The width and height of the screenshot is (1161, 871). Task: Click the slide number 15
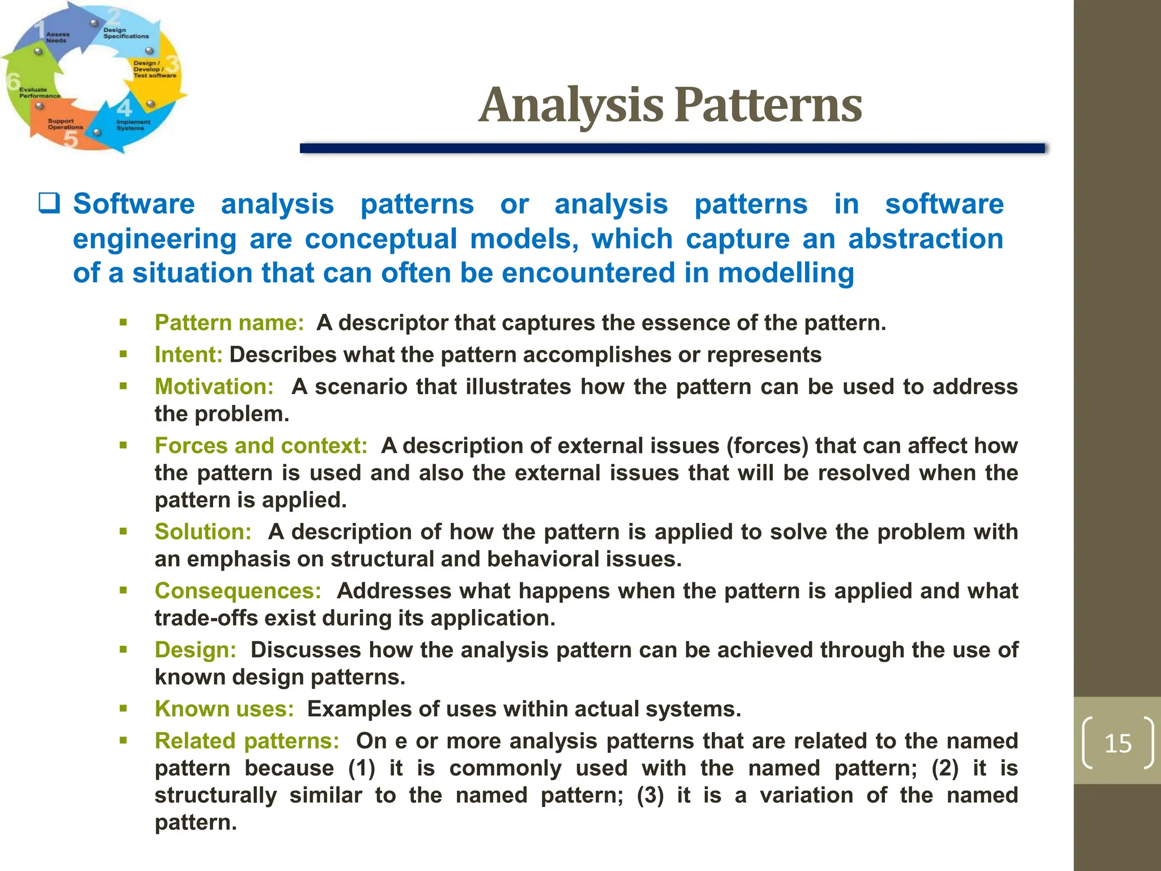point(1117,743)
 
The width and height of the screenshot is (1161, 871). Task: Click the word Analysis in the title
point(571,105)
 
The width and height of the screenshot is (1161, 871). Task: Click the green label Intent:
point(189,354)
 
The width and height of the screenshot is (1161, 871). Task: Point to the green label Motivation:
point(214,387)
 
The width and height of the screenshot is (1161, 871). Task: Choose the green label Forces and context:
point(261,446)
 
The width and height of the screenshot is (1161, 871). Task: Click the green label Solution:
point(203,532)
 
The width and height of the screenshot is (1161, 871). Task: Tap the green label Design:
point(196,650)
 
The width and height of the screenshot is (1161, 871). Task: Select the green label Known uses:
point(224,709)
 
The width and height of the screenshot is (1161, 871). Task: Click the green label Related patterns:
point(247,741)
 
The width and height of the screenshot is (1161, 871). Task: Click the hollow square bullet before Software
point(49,204)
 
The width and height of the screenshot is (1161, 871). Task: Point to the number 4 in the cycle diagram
point(124,107)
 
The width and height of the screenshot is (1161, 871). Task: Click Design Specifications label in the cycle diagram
point(125,33)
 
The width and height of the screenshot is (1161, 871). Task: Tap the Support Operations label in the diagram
point(65,124)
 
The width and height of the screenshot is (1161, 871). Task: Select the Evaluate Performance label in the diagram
point(39,92)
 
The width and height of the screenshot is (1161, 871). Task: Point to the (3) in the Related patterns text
point(650,796)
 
